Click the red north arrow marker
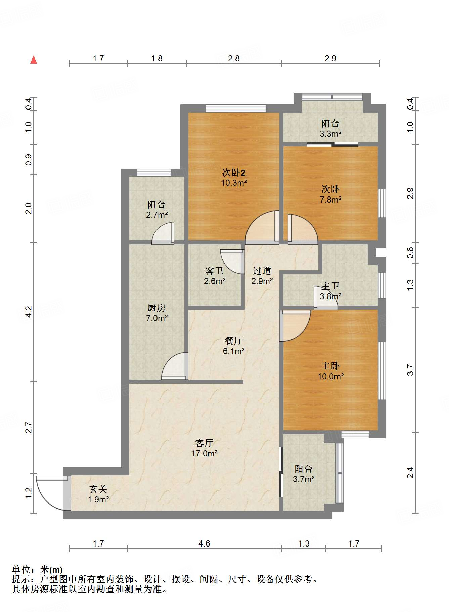(x=34, y=60)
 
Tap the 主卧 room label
(x=330, y=366)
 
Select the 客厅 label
(x=204, y=443)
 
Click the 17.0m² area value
(x=205, y=454)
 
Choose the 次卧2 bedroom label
(x=234, y=173)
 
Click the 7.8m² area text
(x=331, y=200)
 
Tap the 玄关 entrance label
(x=98, y=489)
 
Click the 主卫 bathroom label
(x=331, y=286)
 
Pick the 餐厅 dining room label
(x=234, y=341)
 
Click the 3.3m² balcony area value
(x=331, y=134)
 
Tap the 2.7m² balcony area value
(x=157, y=215)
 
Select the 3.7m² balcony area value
(x=304, y=479)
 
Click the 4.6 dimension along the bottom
(x=204, y=543)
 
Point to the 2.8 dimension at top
(x=234, y=58)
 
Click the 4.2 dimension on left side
(x=29, y=312)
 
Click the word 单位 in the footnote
(x=21, y=570)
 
